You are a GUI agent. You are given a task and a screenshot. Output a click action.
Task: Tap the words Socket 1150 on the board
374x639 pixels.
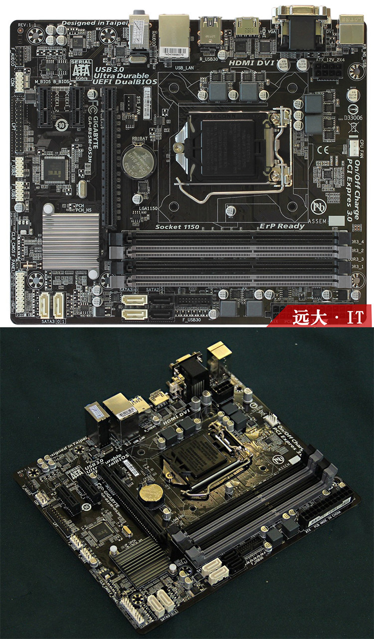coord(177,226)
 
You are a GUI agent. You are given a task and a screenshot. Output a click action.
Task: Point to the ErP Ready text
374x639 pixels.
coord(282,226)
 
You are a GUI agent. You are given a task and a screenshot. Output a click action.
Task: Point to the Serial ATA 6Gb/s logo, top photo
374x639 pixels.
coord(81,69)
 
